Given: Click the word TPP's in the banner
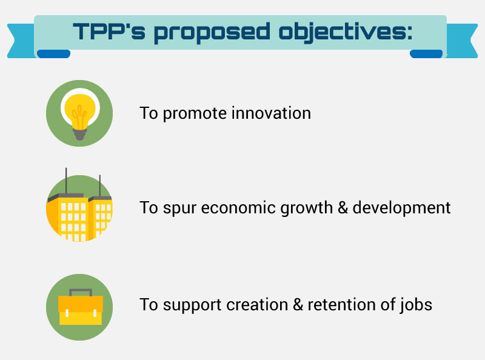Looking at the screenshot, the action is (109, 32).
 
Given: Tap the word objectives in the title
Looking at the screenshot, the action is (346, 33).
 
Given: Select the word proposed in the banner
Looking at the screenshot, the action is (212, 33).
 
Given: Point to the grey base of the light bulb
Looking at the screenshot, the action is (80, 134).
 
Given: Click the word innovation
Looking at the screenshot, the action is (271, 113).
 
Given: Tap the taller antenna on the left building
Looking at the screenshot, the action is (66, 181).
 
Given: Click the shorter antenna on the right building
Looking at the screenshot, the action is (99, 186).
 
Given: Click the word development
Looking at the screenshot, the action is (401, 208).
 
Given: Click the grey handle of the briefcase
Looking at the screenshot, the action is (81, 292).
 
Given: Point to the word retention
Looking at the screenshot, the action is (342, 305).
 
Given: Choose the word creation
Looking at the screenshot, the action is (257, 305).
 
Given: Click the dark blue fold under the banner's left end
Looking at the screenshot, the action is (53, 54).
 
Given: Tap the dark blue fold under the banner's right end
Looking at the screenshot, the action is (426, 54).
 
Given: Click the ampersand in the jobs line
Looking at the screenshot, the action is (298, 305).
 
